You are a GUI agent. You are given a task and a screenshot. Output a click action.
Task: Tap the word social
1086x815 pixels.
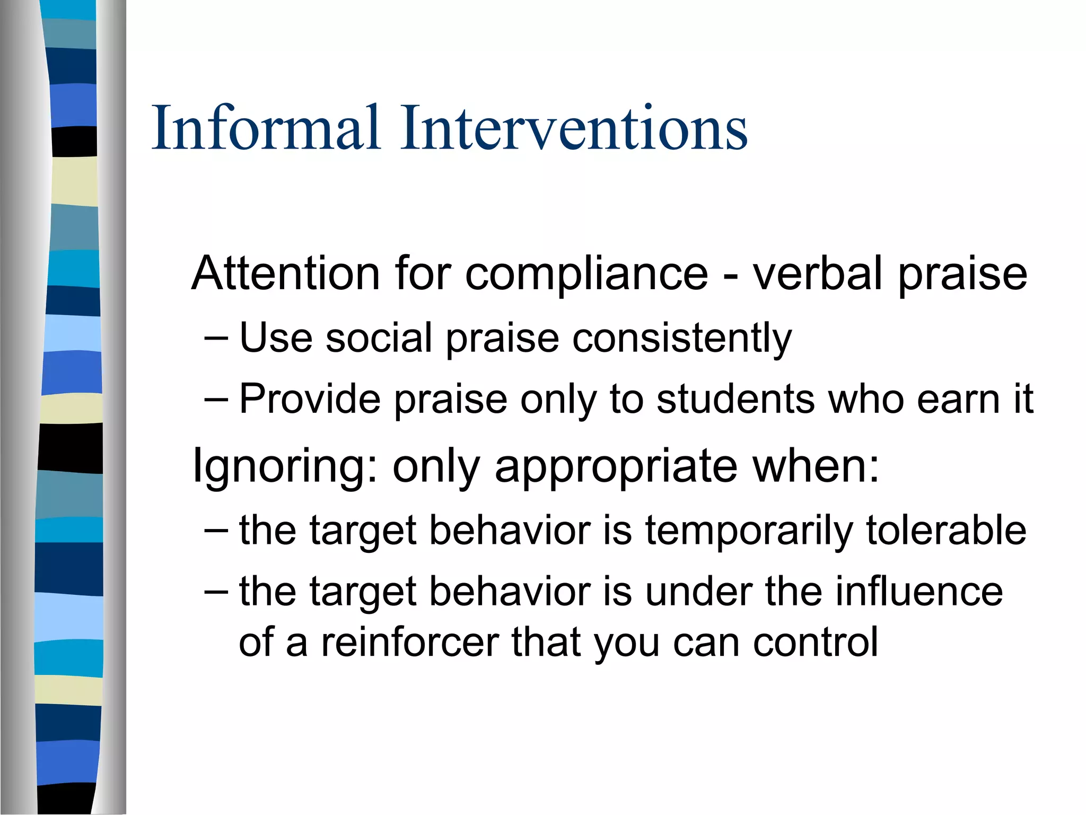point(379,338)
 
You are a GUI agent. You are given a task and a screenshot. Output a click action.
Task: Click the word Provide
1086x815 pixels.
point(310,399)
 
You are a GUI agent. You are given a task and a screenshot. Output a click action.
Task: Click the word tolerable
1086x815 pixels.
point(946,531)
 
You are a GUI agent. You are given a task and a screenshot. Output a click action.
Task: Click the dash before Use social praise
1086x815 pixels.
point(216,339)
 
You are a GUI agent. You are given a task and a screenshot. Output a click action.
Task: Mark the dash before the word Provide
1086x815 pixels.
point(216,400)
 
